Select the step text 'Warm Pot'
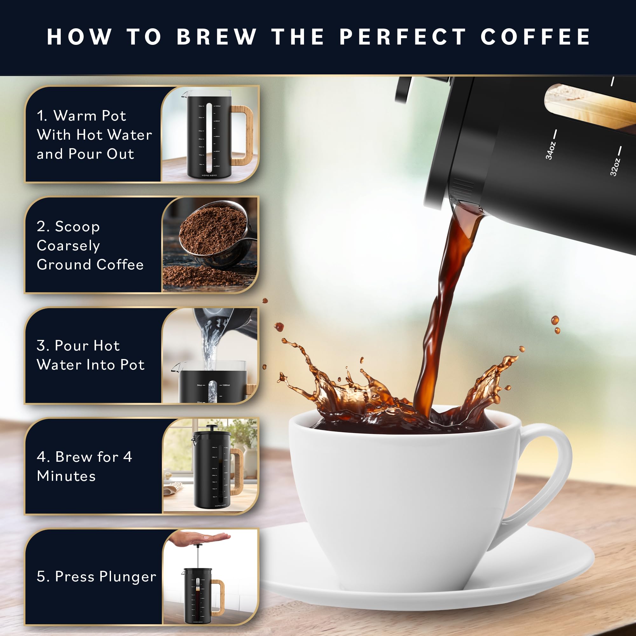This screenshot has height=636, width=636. pos(90,115)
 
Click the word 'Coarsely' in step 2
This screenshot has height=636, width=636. pos(68,245)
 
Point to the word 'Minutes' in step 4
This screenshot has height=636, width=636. pos(66,476)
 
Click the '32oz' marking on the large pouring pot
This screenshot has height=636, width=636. pos(615,167)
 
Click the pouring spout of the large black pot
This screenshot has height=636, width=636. pos(467,211)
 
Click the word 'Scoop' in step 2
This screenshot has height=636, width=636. pos(77,226)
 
